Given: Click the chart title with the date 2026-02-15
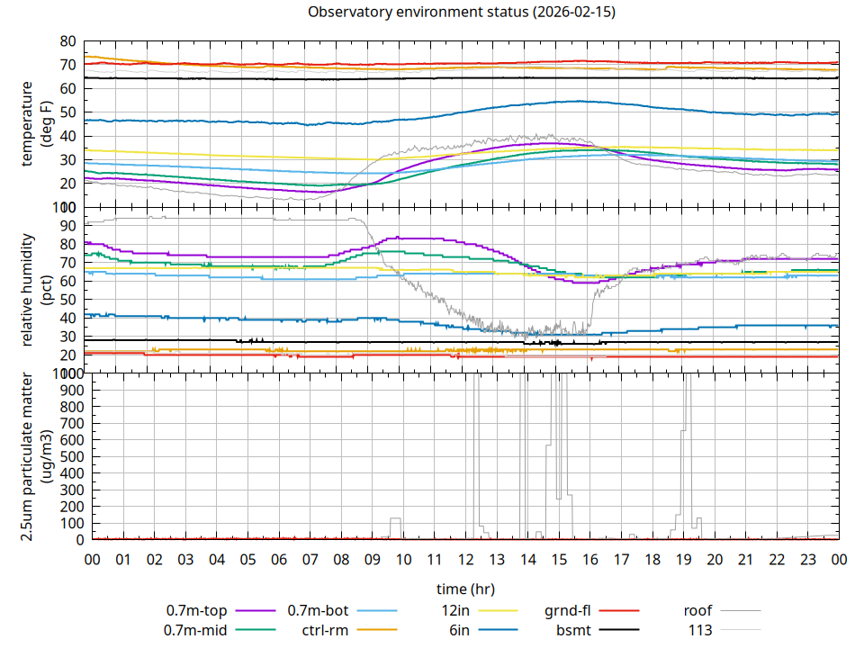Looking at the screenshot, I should pos(462,13).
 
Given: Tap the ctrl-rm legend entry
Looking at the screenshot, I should pos(325,630).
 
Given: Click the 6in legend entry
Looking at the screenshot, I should pos(459,630).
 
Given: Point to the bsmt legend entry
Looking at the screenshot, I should pos(573,630).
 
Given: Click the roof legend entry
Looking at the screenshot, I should pos(698,611).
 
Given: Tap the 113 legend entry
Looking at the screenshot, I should pos(701,630).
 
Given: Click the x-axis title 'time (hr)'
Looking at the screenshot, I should pos(465,589).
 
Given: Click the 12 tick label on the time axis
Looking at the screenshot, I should pos(465,560).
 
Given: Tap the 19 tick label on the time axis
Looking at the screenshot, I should pos(683,560).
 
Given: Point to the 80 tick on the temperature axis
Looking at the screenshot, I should pos(67,41).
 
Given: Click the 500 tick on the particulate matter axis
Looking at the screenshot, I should pos(64,456).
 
